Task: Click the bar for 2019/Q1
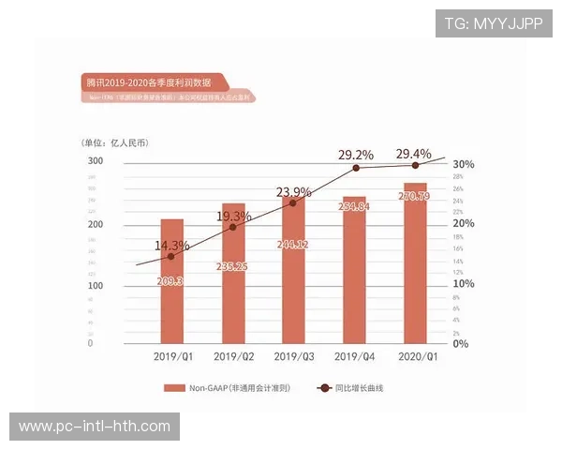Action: tap(171, 281)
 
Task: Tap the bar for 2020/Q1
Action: tap(415, 263)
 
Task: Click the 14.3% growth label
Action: tap(171, 246)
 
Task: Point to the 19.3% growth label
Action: tap(234, 217)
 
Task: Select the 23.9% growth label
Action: tap(294, 192)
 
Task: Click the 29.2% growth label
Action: tap(356, 155)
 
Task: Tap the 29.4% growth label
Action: tap(414, 154)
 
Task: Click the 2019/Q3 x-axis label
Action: tap(294, 356)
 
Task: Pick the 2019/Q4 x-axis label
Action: tap(355, 356)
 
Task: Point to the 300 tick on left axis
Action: tap(96, 161)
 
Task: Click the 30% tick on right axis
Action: tap(464, 164)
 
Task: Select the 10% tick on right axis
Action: tap(464, 284)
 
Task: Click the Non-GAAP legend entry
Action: tap(226, 387)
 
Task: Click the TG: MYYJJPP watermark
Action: tap(494, 23)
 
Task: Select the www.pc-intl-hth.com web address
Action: tap(95, 427)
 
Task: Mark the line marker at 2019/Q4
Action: tap(356, 168)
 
